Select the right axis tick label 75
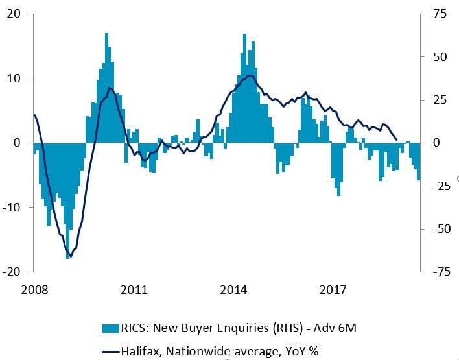coord(440,14)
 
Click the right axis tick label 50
coord(440,57)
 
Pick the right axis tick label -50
coord(438,229)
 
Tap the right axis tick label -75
coord(438,272)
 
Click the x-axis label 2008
coord(35,289)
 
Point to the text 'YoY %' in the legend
coord(301,351)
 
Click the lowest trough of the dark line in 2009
coord(70,256)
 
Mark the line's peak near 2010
coord(110,88)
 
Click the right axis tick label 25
coord(440,100)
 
